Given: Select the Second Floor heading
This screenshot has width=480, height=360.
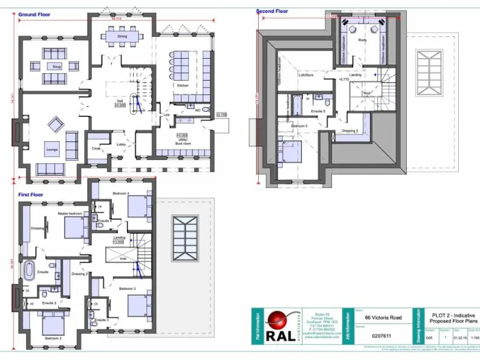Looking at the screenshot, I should coord(272,11).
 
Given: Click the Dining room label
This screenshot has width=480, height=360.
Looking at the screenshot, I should coord(122,36).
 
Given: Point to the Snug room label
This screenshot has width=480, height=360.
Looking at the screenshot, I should coord(56,66).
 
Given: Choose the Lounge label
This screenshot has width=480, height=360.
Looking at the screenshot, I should coord(51,150).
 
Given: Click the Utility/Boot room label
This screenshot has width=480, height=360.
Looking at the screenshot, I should coord(182,142).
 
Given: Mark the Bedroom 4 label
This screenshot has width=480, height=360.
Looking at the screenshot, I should coord(121,194).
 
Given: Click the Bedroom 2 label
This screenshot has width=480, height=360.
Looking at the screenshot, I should coord(52,338).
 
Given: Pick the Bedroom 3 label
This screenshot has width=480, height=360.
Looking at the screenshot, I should coord(127,288).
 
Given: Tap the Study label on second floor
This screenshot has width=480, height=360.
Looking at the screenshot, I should coord(362,40).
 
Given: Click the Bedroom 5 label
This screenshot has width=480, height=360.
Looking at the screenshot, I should coord(299,126).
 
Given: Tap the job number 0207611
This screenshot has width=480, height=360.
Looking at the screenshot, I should coord(372,336).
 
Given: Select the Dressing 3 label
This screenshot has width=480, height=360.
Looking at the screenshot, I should coord(349,131).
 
